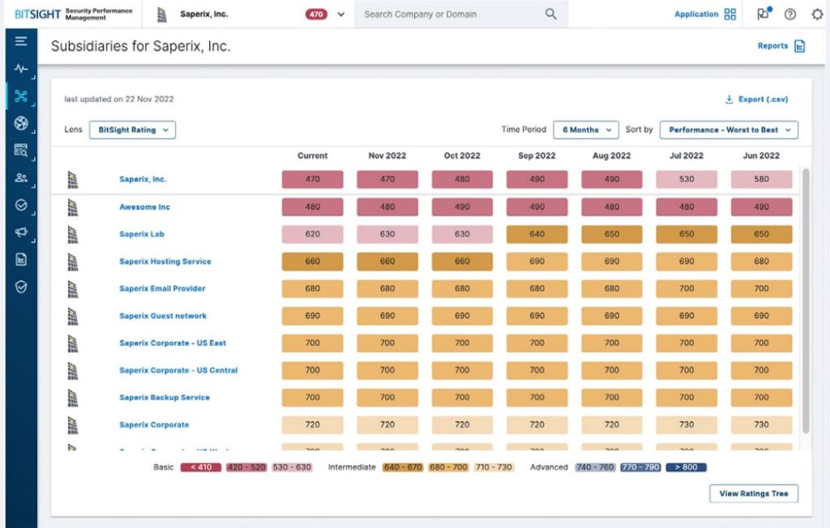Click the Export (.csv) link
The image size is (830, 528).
[x=756, y=100]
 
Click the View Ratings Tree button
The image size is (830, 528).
[x=753, y=493]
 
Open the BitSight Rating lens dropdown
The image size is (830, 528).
[x=132, y=130]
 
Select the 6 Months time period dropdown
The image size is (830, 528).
[x=585, y=130]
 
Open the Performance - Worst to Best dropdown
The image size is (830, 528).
[x=729, y=130]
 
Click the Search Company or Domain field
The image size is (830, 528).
[x=451, y=14]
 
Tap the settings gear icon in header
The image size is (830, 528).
[x=816, y=14]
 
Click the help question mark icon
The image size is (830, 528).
[x=790, y=14]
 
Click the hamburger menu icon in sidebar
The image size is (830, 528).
[x=21, y=41]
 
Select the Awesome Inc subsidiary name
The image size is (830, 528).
[x=144, y=207]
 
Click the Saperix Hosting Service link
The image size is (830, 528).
[x=165, y=262]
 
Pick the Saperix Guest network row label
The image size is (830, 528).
[x=162, y=316]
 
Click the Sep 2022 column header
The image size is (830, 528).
[x=537, y=155]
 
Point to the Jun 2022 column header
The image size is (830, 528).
[x=761, y=155]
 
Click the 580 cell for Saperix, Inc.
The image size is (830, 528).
[x=761, y=180]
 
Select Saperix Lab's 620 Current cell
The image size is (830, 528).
[x=312, y=234]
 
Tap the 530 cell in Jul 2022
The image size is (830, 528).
[x=687, y=180]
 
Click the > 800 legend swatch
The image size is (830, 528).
[x=686, y=467]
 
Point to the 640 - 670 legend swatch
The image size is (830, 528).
[x=403, y=467]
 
